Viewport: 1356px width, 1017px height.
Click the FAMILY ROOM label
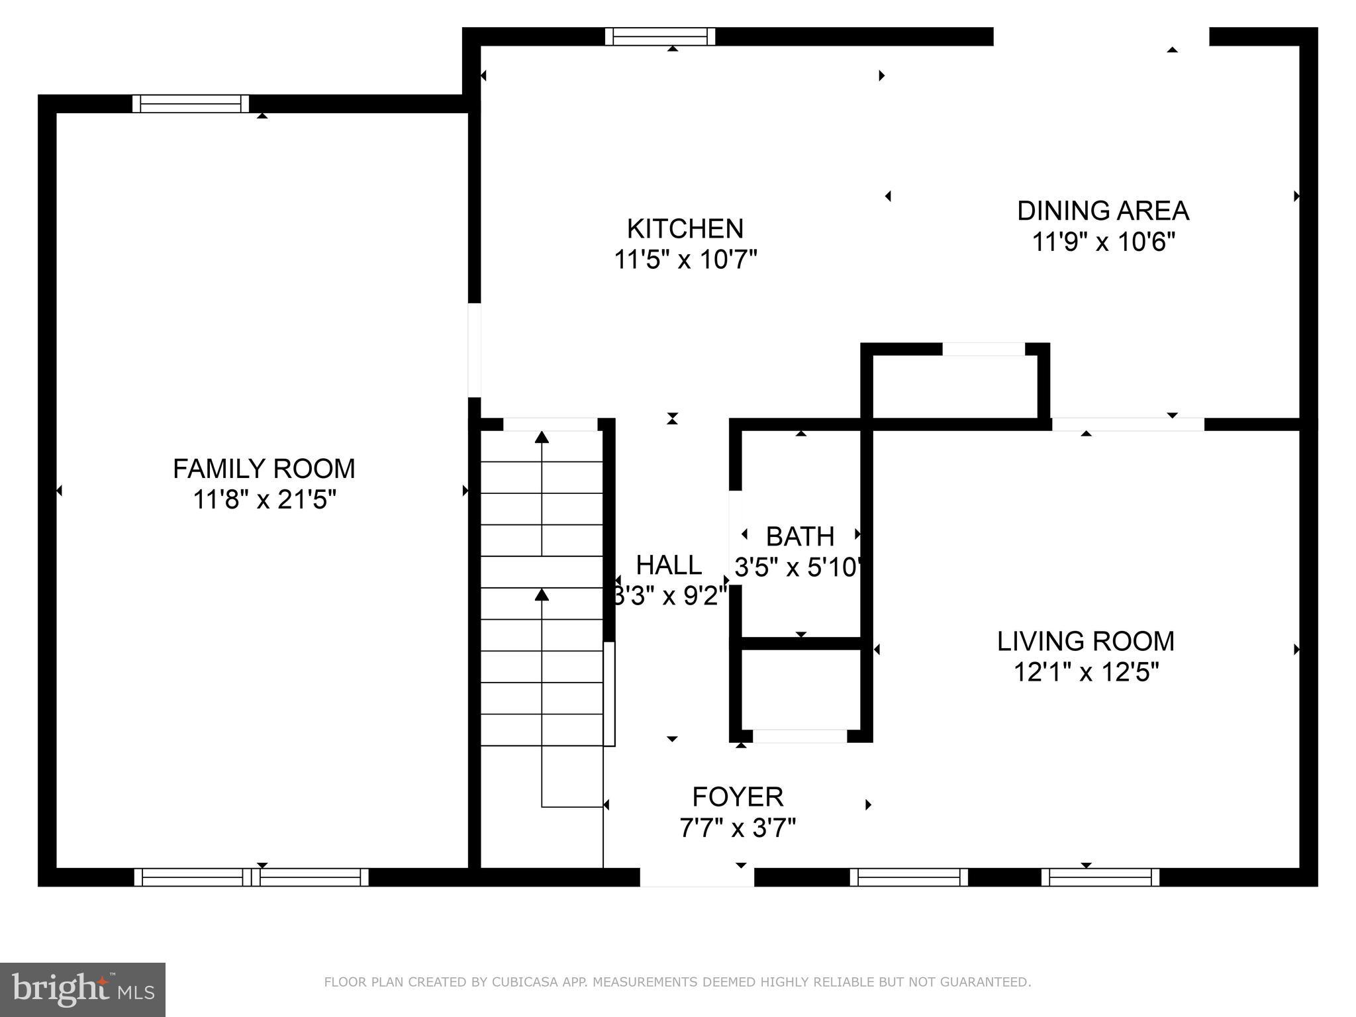point(264,469)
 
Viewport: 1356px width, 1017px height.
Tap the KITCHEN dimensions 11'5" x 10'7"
point(685,260)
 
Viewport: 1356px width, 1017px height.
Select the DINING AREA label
point(1103,211)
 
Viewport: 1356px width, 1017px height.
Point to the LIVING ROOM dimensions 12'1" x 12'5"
point(1086,673)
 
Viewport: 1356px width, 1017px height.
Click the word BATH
point(800,536)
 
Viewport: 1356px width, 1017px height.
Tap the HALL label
point(669,565)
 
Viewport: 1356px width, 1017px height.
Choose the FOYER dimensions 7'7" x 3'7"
point(738,828)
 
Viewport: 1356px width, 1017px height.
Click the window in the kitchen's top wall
point(660,36)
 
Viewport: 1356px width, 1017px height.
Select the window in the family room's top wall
point(191,104)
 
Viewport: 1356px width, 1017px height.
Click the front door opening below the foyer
point(697,877)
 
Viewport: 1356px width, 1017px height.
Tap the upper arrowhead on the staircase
point(542,436)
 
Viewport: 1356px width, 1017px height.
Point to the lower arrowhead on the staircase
point(542,594)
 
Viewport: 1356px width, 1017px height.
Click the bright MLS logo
point(82,989)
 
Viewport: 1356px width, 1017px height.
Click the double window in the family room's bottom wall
point(251,877)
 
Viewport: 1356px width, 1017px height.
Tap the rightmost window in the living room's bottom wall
point(1100,877)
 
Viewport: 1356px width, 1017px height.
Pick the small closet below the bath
point(800,689)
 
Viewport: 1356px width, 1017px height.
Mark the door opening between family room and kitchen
point(474,350)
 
